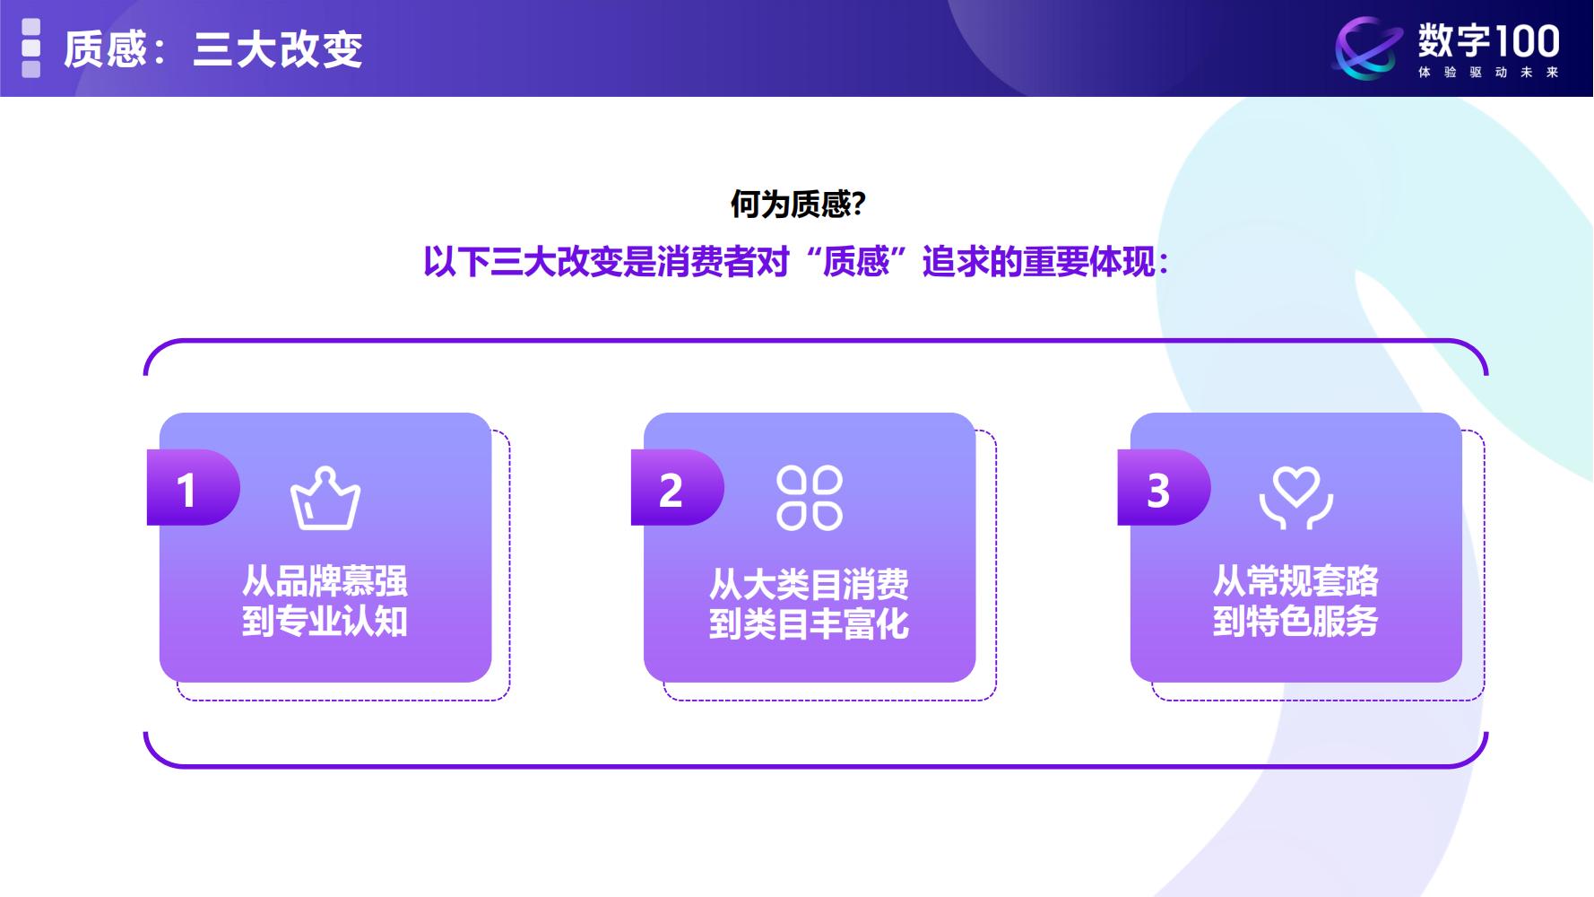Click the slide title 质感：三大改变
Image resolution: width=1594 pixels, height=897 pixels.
(213, 48)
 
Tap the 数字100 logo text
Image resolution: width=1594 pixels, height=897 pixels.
(1488, 41)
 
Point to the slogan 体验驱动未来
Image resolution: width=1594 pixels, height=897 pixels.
(1488, 73)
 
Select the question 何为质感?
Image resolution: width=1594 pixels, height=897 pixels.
(797, 205)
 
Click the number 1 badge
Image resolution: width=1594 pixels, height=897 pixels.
(187, 490)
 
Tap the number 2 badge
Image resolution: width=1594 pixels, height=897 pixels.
(671, 490)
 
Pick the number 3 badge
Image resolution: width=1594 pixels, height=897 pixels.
(1158, 490)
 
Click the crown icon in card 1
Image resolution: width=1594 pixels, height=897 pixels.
(325, 499)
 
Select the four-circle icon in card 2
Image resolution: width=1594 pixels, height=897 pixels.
(810, 498)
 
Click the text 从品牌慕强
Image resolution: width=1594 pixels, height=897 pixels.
(325, 581)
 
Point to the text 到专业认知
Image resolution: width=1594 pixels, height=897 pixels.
(325, 622)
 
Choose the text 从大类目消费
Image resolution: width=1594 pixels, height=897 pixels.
(810, 585)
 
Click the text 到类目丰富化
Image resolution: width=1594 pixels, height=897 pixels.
(810, 624)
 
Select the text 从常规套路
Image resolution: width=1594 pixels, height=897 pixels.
(1296, 581)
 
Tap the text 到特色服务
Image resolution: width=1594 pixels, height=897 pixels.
(1296, 622)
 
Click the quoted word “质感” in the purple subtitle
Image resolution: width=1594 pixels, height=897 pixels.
(856, 262)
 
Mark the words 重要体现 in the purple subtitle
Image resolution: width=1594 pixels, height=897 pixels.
(1090, 262)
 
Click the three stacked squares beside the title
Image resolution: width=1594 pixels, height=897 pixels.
(31, 48)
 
